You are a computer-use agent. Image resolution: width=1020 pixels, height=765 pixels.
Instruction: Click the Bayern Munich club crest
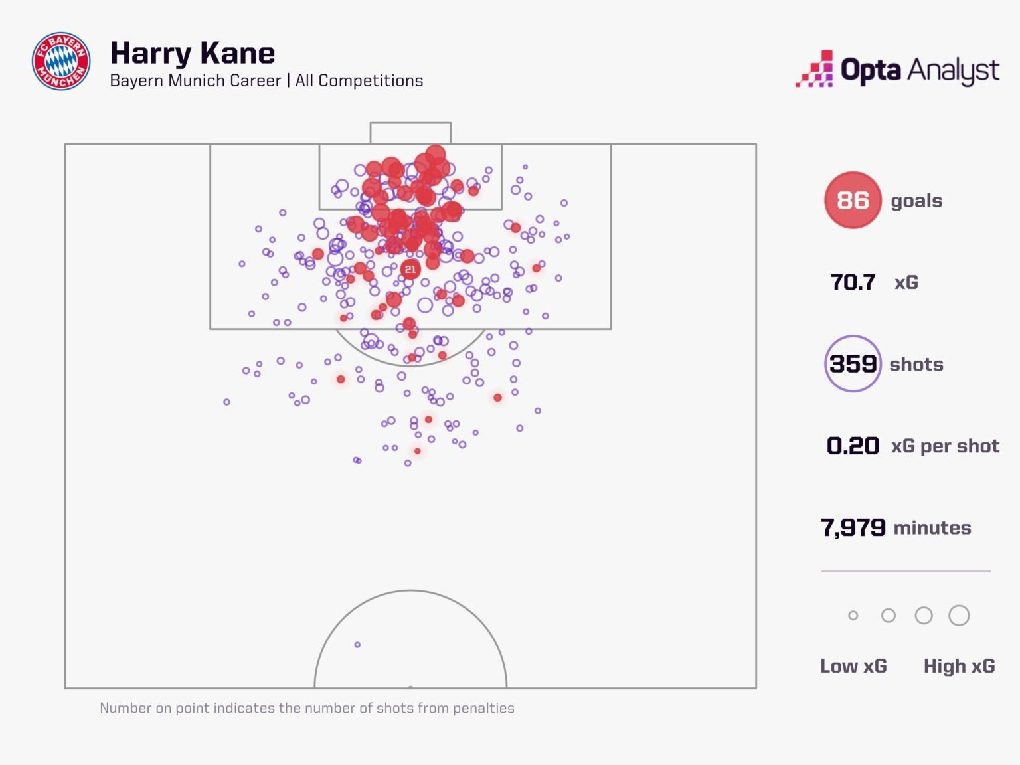coord(61,61)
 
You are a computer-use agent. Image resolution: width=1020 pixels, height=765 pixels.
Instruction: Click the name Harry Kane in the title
coord(193,53)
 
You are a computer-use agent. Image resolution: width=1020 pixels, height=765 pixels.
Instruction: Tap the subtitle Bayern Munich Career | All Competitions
coord(266,81)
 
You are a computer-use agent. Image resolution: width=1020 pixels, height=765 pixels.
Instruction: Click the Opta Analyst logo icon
coord(815,69)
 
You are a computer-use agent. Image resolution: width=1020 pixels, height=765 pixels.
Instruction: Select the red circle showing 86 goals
coord(853,200)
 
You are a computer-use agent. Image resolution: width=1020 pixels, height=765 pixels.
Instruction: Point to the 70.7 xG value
coord(853,282)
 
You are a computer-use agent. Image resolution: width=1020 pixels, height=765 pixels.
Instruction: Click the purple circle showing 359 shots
coord(853,364)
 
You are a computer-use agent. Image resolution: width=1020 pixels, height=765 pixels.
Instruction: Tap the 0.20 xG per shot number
coord(853,446)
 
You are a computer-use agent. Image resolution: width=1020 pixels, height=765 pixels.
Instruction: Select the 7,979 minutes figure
coord(853,528)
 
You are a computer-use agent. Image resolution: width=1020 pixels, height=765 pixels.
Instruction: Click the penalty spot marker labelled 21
coord(410,269)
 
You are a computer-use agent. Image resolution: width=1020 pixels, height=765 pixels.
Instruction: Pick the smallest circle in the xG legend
coord(853,616)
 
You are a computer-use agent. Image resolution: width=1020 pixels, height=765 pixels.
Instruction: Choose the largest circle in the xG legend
coord(959,616)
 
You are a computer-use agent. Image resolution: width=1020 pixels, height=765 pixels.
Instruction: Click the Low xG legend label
coord(853,666)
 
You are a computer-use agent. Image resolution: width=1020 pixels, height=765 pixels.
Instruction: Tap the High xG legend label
coord(959,666)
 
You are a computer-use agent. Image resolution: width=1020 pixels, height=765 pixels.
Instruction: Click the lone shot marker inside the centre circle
coord(357,645)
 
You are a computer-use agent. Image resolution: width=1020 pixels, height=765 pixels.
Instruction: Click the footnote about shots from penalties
coord(307,708)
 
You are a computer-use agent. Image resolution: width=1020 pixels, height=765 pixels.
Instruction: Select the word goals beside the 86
coord(916,201)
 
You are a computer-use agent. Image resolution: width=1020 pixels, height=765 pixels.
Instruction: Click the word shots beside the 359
coord(916,365)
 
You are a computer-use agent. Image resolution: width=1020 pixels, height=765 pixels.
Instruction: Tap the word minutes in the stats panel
coord(932,528)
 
